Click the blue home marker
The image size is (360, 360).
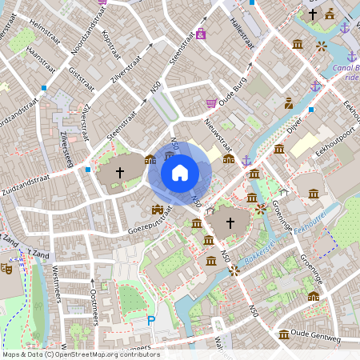180,172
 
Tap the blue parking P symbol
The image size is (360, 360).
151,321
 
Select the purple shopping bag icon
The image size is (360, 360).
201,34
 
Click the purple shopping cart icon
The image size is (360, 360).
211,102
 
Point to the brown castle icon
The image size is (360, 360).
158,210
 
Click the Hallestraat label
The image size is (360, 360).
241,32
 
